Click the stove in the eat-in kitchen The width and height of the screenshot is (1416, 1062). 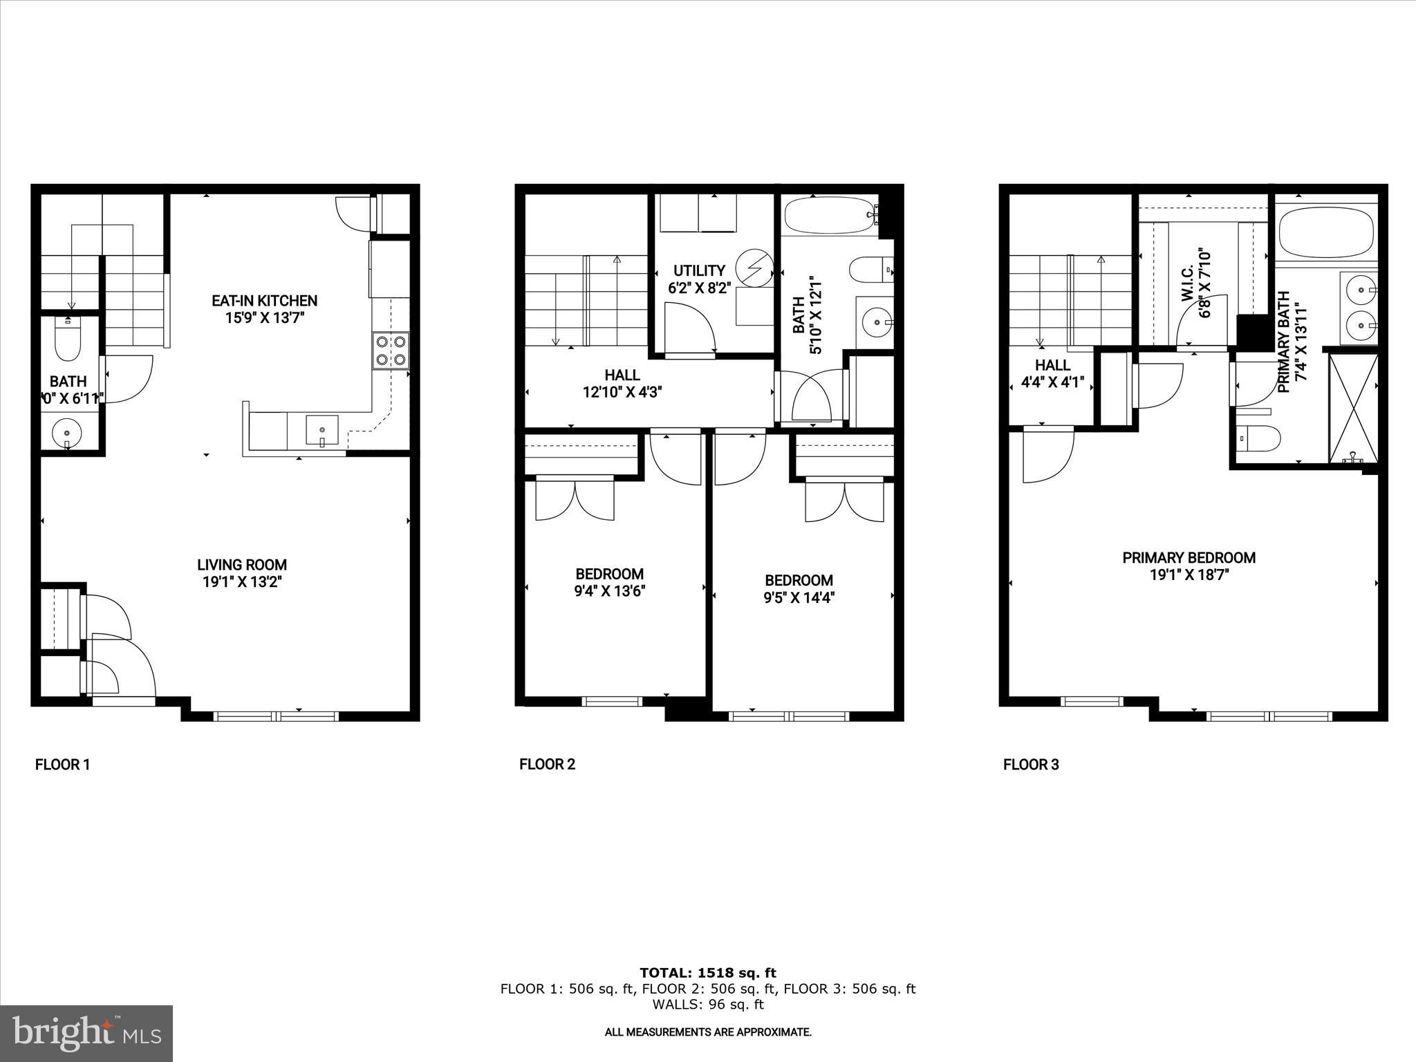(391, 351)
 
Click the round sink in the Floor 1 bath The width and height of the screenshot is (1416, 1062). (67, 434)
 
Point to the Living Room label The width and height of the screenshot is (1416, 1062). (242, 565)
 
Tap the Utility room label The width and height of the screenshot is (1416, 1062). (699, 270)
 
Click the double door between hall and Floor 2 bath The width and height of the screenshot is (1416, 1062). (812, 398)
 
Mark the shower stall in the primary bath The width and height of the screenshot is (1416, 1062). (1353, 408)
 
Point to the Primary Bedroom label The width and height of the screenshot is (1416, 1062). (1189, 558)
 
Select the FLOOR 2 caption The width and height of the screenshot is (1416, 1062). (547, 764)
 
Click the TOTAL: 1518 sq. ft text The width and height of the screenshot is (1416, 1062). (707, 973)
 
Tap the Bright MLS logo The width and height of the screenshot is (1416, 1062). (86, 1034)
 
